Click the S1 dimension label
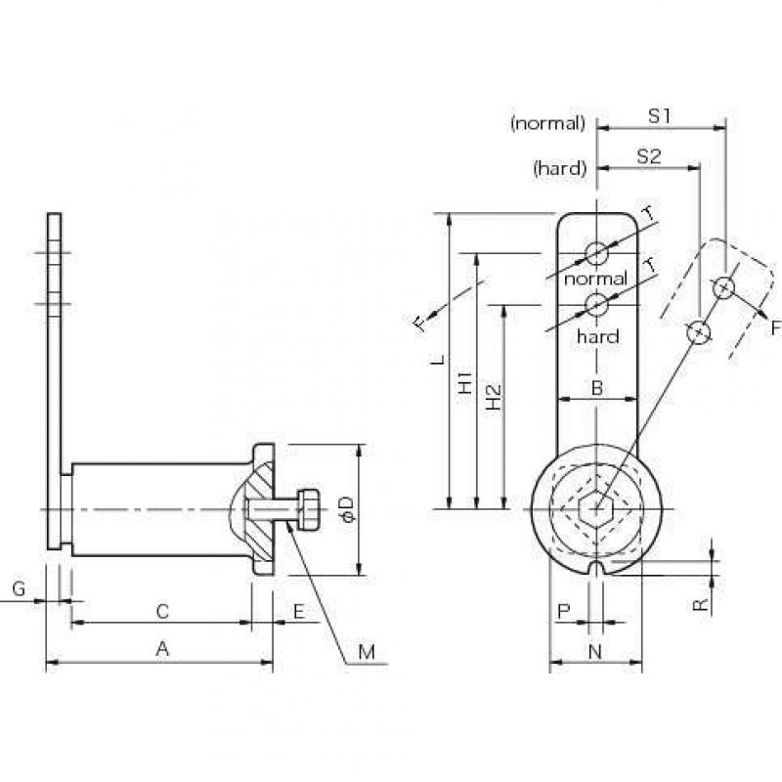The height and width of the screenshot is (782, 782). [x=659, y=116]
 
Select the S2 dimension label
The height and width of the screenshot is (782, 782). [x=649, y=156]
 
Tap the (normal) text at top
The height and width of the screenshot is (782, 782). [x=548, y=123]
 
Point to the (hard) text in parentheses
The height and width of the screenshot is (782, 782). [x=559, y=168]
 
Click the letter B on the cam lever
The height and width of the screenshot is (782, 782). [x=597, y=387]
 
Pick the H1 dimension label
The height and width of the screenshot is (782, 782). [x=465, y=382]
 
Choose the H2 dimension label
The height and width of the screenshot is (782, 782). [x=494, y=397]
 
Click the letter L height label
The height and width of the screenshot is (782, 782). [x=438, y=359]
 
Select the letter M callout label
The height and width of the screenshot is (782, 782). [x=368, y=652]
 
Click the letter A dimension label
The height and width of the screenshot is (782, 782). [x=162, y=649]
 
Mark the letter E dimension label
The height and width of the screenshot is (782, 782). [x=299, y=612]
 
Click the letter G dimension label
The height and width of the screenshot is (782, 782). [x=19, y=589]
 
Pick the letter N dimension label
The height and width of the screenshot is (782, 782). [x=595, y=651]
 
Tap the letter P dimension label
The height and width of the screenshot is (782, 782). [x=564, y=612]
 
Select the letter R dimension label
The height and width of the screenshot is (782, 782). [x=701, y=605]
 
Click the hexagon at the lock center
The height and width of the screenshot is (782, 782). [x=596, y=509]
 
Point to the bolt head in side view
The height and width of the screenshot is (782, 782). [x=309, y=509]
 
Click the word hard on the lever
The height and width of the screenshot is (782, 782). [x=598, y=336]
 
